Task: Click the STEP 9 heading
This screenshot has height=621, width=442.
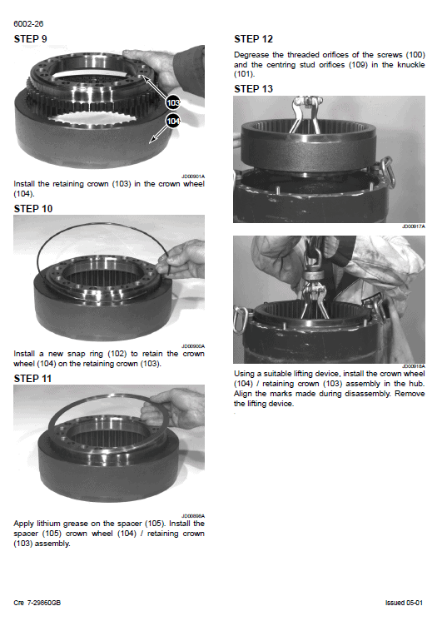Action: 31,39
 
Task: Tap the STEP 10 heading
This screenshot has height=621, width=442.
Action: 33,209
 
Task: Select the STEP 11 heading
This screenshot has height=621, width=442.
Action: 32,379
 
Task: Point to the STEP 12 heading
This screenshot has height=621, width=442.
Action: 254,39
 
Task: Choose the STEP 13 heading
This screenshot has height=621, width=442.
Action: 254,89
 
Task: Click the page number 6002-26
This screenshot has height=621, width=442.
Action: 28,24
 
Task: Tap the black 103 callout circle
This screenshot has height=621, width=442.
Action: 173,103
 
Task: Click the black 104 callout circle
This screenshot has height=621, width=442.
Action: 173,121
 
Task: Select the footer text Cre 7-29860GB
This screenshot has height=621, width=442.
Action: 37,603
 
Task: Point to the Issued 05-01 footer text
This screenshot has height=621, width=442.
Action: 404,603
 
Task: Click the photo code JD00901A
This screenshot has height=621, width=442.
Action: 193,176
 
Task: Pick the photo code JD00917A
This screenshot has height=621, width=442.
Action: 414,226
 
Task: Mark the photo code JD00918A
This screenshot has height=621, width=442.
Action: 414,366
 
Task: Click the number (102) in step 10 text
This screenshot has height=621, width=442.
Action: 117,354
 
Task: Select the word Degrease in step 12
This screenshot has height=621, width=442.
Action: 251,55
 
